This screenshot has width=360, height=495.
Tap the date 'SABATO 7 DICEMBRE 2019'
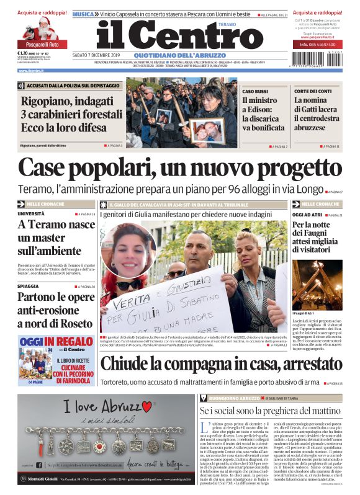tap(99, 55)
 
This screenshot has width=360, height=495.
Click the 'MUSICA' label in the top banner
tap(83, 14)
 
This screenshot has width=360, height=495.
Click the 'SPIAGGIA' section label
tap(29, 287)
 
